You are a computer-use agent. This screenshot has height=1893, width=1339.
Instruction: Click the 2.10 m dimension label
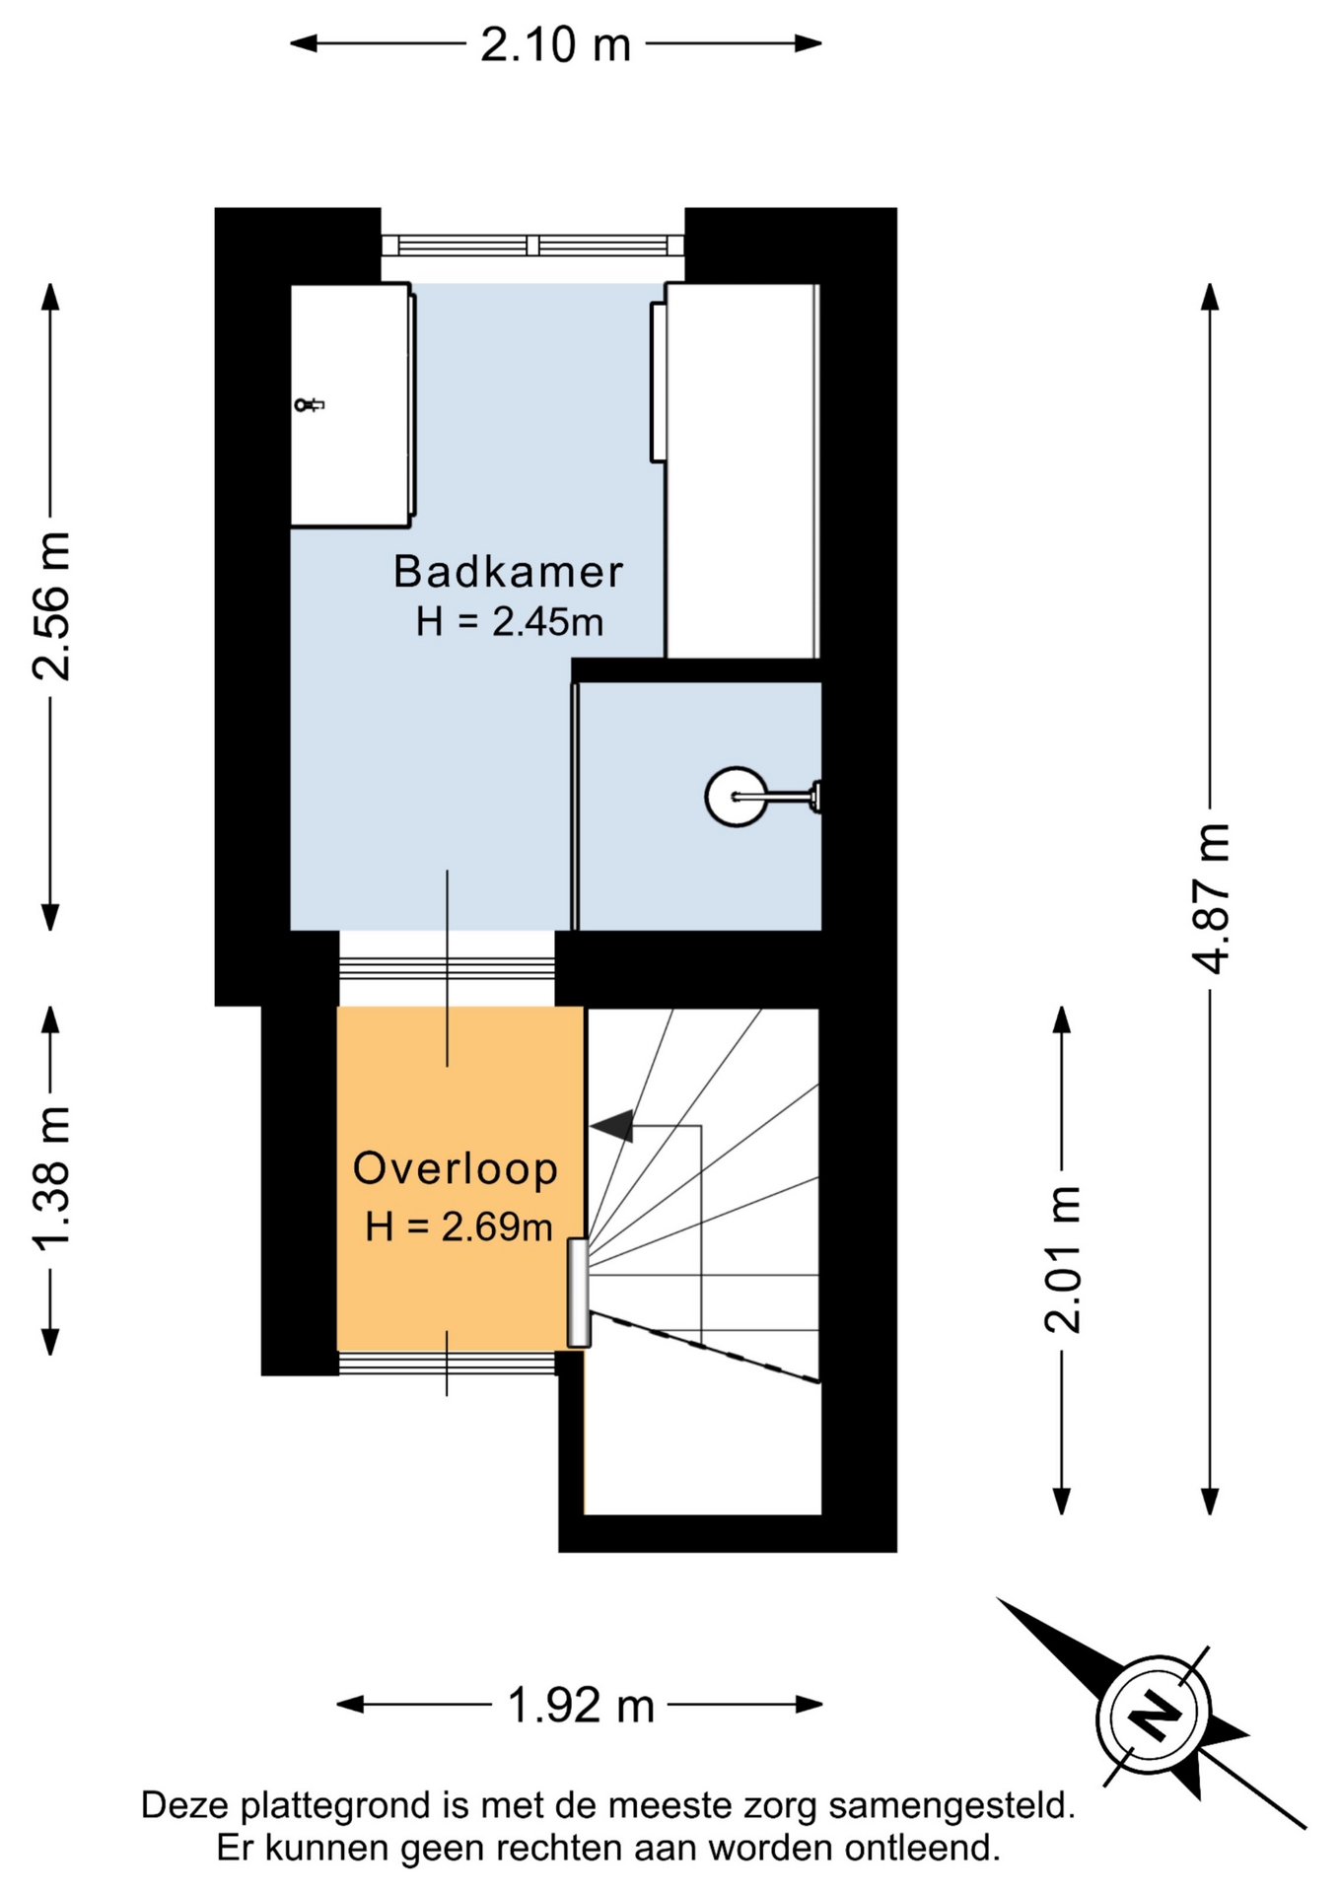pyautogui.click(x=555, y=45)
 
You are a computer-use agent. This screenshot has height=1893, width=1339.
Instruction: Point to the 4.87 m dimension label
pyautogui.click(x=1211, y=898)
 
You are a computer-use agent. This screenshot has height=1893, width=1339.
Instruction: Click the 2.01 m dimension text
pyautogui.click(x=1063, y=1260)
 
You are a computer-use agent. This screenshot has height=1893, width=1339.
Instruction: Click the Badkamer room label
pyautogui.click(x=509, y=572)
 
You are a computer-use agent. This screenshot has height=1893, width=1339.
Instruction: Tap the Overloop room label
pyautogui.click(x=456, y=1168)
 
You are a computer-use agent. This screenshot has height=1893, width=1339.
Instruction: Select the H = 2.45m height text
pyautogui.click(x=509, y=622)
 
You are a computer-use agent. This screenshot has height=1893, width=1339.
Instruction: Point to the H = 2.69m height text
pyautogui.click(x=458, y=1227)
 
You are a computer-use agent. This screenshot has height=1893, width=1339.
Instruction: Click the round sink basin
pyautogui.click(x=737, y=797)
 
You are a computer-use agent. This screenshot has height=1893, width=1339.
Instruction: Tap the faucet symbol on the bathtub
pyautogui.click(x=309, y=404)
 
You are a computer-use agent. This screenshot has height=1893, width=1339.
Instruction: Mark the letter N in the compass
pyautogui.click(x=1155, y=1717)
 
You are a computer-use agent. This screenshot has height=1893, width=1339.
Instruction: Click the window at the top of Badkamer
pyautogui.click(x=532, y=245)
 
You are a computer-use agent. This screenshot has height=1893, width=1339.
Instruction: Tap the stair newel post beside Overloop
pyautogui.click(x=579, y=1293)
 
